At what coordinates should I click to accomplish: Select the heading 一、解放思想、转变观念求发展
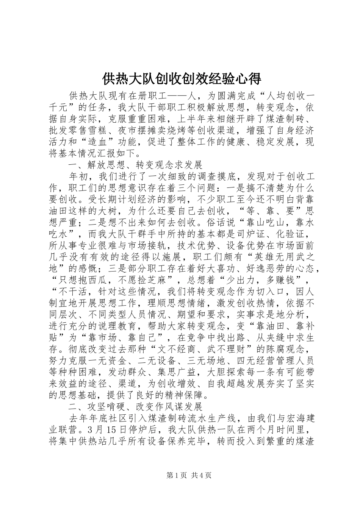click(135, 165)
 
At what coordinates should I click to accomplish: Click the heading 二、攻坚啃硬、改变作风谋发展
click(135, 407)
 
